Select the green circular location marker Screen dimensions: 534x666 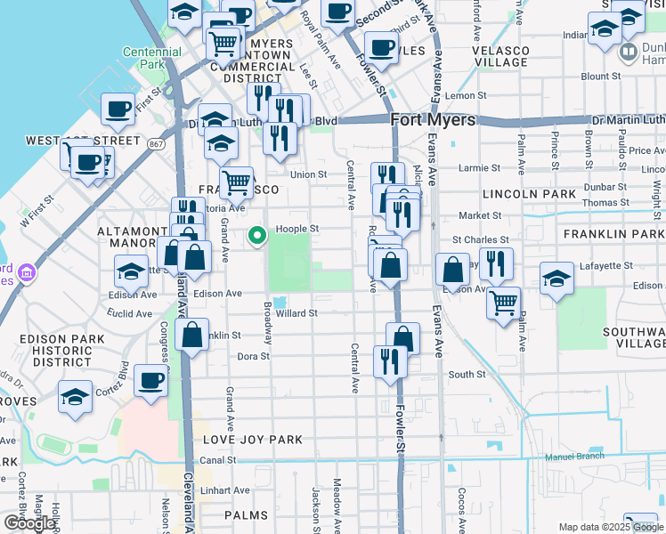click(257, 236)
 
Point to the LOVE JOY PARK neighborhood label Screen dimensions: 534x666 click(253, 440)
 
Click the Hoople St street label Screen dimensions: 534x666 click(296, 229)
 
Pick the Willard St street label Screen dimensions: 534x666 click(296, 313)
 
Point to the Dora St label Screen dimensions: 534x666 click(253, 356)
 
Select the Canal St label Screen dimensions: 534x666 click(218, 460)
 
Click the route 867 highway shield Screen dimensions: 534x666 click(157, 143)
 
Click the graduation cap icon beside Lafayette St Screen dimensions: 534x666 click(556, 278)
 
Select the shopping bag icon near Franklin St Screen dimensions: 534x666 click(191, 336)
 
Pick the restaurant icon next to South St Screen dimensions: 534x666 click(390, 360)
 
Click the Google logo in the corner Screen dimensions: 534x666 click(28, 523)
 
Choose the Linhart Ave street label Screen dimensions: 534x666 click(225, 490)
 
